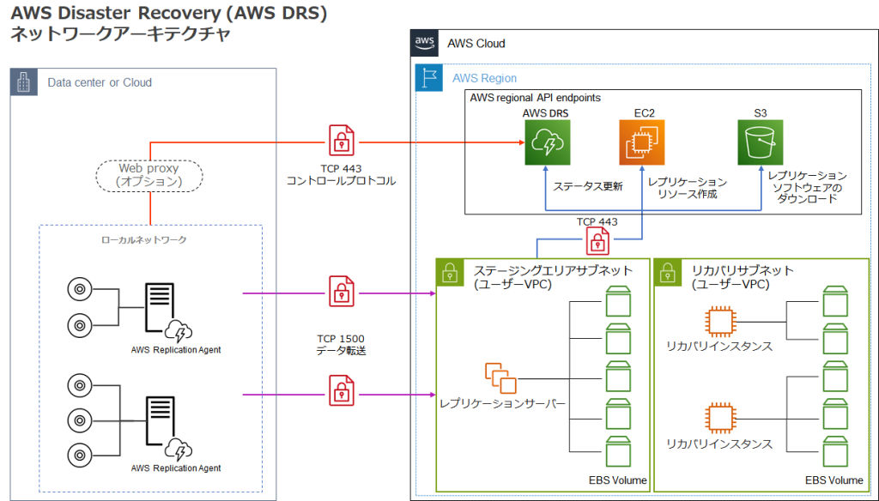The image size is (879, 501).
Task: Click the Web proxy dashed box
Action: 150,175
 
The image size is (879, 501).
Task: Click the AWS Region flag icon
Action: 428,78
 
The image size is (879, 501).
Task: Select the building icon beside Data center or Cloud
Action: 24,82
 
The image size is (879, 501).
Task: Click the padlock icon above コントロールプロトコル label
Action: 342,141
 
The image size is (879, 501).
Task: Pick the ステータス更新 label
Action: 588,186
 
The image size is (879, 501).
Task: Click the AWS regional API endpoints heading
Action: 535,98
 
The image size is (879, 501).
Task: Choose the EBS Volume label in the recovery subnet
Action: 834,480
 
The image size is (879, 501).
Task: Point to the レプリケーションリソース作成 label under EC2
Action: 687,189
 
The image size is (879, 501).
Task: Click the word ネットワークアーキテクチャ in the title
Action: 119,35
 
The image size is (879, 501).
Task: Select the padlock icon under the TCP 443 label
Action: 598,242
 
